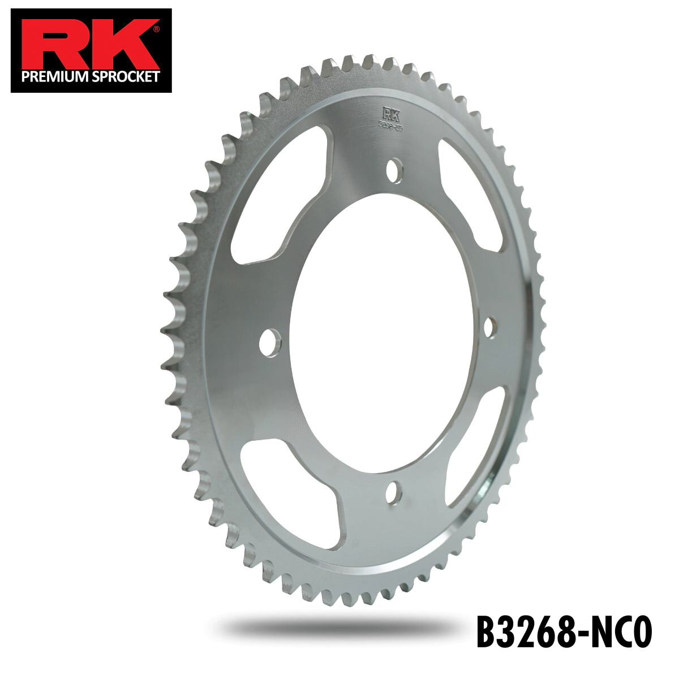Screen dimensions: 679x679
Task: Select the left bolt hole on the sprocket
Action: tap(270, 342)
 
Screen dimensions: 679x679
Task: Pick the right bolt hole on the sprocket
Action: tap(490, 326)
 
